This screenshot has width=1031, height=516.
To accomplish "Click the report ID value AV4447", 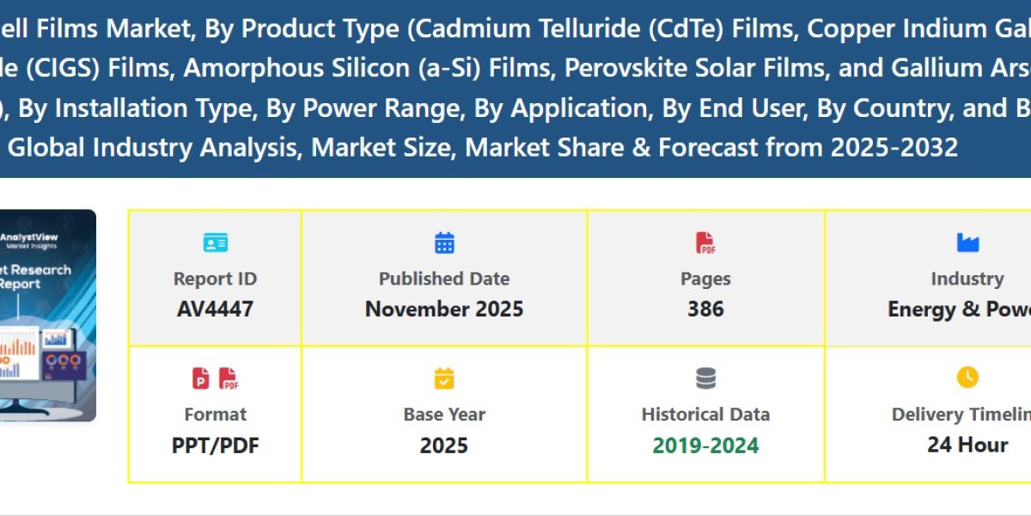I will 215,309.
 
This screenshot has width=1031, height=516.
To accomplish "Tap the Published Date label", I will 444,279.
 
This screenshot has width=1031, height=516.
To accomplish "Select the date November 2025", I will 444,309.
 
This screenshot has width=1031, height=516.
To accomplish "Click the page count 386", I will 705,309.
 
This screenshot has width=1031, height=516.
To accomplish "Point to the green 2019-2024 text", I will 705,445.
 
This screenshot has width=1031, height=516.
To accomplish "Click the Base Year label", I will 444,415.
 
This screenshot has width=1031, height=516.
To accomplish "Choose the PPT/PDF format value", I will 215,445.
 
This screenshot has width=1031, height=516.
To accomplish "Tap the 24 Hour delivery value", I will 967,445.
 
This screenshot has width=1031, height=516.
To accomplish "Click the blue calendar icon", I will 444,243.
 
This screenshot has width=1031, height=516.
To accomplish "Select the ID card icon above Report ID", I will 215,243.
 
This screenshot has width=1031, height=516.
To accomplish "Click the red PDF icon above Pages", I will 705,243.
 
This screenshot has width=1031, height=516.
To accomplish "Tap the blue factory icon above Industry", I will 967,243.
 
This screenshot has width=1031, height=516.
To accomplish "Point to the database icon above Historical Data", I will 705,378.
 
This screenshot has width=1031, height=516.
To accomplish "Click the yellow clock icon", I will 967,378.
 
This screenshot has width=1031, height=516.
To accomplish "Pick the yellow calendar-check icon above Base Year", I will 444,378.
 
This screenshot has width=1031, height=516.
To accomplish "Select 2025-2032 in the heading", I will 894,147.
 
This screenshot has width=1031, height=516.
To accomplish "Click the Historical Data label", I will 705,415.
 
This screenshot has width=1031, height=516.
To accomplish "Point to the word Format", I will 215,415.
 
